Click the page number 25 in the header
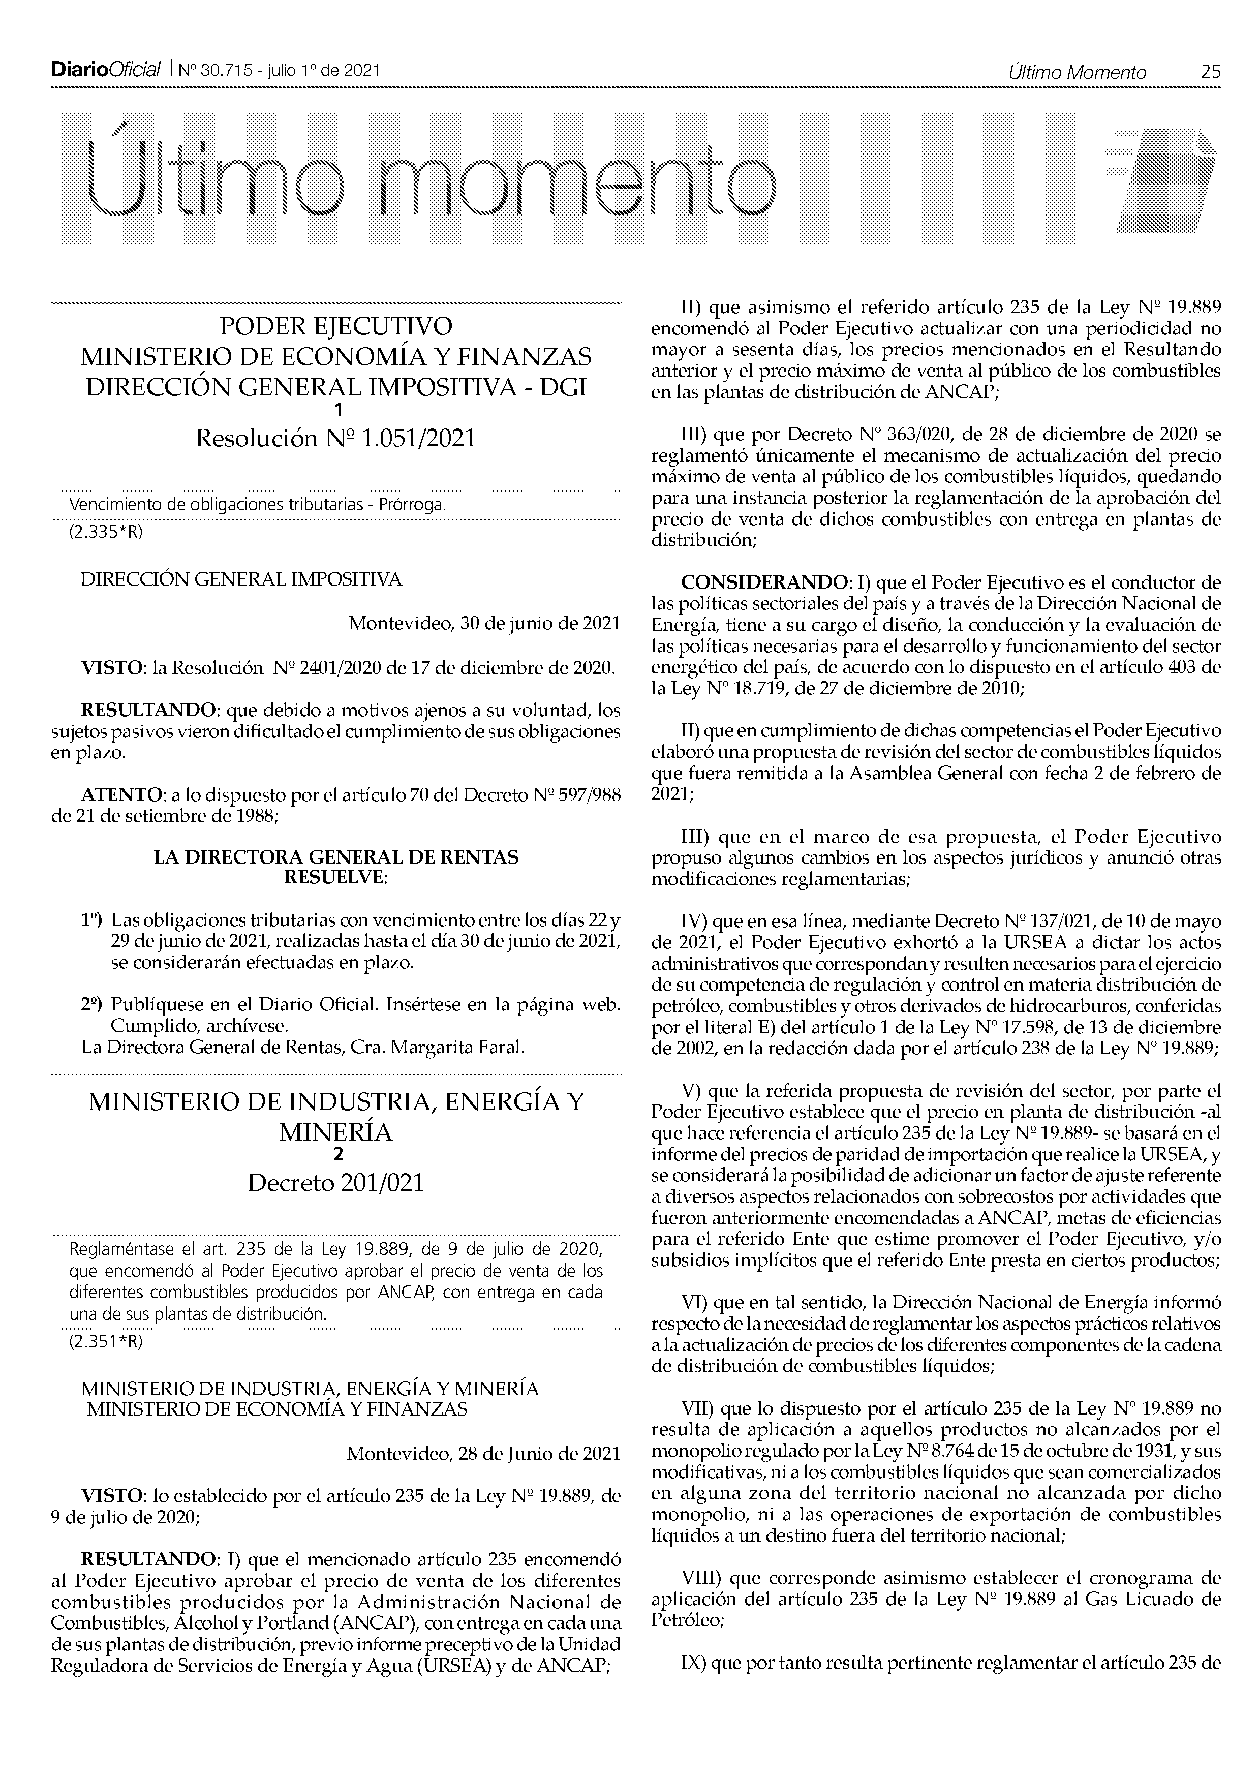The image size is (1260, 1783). pyautogui.click(x=1210, y=72)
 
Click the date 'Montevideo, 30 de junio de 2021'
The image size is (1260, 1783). pyautogui.click(x=484, y=624)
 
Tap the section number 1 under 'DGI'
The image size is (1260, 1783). pyautogui.click(x=336, y=410)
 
